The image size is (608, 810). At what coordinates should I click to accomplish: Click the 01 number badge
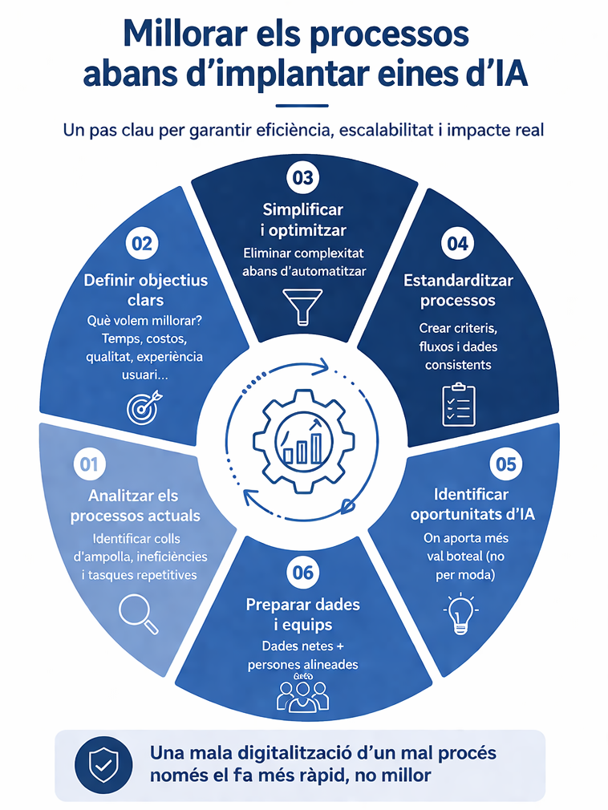point(89,464)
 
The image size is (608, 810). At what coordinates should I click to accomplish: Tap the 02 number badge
point(142,243)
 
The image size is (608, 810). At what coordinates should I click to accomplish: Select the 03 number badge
point(302,178)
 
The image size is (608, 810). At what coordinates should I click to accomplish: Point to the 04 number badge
point(457,243)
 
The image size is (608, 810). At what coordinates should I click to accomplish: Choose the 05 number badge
point(505,464)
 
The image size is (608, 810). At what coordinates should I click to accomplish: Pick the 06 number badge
point(302,573)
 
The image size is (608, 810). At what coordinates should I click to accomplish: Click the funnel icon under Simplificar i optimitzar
point(302,307)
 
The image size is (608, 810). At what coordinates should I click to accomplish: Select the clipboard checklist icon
point(459,405)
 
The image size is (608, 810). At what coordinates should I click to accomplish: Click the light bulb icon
point(460,614)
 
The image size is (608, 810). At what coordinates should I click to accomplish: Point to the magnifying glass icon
point(139,614)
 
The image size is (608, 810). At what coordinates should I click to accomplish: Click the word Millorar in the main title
point(184,34)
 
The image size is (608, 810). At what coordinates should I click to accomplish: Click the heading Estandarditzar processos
point(458,290)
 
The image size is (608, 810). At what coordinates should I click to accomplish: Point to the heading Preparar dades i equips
point(303,614)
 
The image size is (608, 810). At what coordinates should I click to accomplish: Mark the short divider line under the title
point(302,106)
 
